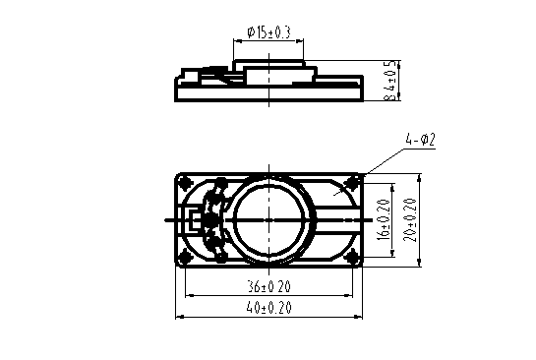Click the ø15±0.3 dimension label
[268, 32]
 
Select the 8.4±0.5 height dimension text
[391, 81]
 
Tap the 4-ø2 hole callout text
[420, 140]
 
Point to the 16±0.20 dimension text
[385, 219]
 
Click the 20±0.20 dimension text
[410, 220]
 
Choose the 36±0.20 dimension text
[269, 286]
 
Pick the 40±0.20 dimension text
[269, 308]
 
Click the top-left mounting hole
[186, 183]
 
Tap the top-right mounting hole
[351, 183]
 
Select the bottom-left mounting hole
[186, 257]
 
